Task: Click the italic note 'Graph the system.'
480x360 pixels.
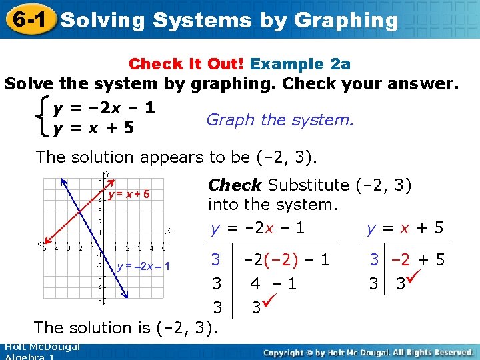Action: (280, 120)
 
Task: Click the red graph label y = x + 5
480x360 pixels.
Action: (129, 195)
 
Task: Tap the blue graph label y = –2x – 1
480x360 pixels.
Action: (144, 267)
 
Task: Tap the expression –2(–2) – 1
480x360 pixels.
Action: (287, 260)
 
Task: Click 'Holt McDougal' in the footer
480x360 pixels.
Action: (41, 347)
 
